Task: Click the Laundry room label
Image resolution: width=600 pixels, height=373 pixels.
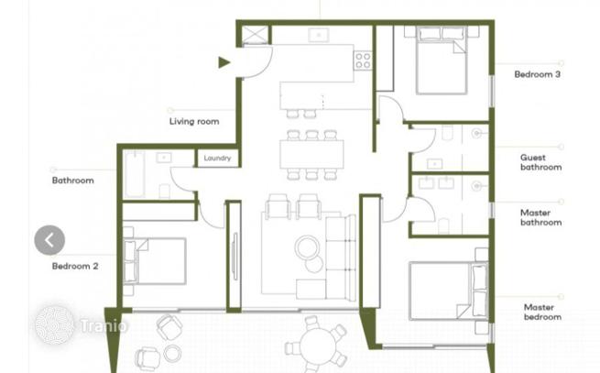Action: (x=217, y=159)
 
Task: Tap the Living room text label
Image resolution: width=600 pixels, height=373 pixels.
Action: (x=194, y=121)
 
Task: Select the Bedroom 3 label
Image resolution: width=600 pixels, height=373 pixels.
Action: (x=537, y=74)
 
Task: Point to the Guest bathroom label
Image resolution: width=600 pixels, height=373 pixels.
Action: (x=540, y=162)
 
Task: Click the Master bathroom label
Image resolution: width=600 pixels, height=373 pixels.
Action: (x=540, y=217)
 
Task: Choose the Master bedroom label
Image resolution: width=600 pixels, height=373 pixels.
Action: (x=542, y=312)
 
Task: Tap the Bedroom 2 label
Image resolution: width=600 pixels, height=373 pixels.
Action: (x=75, y=266)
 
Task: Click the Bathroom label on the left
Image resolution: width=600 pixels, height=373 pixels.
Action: (x=72, y=180)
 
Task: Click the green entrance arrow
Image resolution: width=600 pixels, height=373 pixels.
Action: (x=224, y=62)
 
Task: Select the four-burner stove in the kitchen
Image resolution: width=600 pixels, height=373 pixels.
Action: (x=363, y=60)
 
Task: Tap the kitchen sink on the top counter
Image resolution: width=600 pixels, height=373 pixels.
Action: (x=319, y=35)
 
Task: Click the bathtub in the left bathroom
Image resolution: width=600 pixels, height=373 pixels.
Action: (x=135, y=174)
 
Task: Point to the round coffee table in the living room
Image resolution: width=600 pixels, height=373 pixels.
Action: (x=307, y=247)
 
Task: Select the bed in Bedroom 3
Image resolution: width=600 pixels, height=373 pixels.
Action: (x=442, y=60)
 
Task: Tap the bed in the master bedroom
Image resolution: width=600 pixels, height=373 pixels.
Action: (x=449, y=291)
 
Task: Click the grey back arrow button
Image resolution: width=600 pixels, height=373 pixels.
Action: (x=49, y=240)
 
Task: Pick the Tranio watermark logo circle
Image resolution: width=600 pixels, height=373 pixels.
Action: (x=55, y=324)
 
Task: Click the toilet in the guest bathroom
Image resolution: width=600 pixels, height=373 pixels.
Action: (x=447, y=133)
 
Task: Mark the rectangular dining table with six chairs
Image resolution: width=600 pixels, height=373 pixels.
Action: (x=311, y=154)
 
